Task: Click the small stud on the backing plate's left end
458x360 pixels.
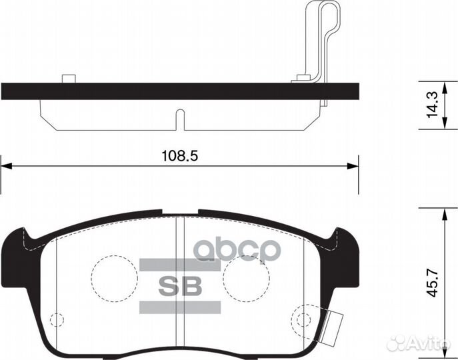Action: pyautogui.click(x=67, y=79)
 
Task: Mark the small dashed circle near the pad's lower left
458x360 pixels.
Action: pyautogui.click(x=57, y=319)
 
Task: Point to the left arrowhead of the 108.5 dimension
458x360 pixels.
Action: pyautogui.click(x=6, y=166)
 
